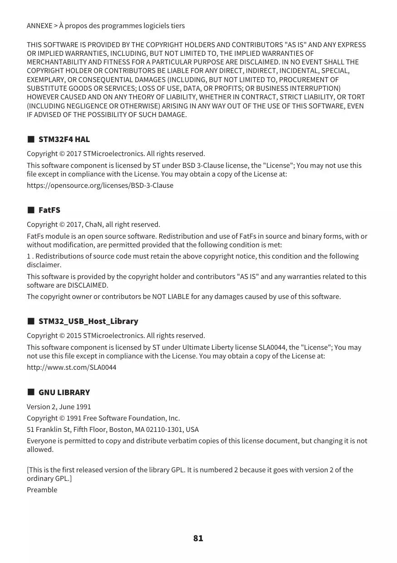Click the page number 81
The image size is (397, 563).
click(x=198, y=538)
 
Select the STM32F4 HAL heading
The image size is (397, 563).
click(x=64, y=139)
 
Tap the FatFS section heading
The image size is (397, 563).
click(x=49, y=210)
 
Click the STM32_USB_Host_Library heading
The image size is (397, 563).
click(x=88, y=321)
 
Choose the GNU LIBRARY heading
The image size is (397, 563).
click(x=64, y=392)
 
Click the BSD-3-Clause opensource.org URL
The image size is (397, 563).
click(x=100, y=186)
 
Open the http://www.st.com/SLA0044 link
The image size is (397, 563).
click(x=71, y=367)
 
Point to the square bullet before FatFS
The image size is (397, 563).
click(x=31, y=210)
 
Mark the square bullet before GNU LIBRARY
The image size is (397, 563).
click(x=31, y=392)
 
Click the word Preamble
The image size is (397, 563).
click(x=42, y=490)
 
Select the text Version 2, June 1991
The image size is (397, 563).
click(x=59, y=407)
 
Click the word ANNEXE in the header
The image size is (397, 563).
click(x=39, y=26)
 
